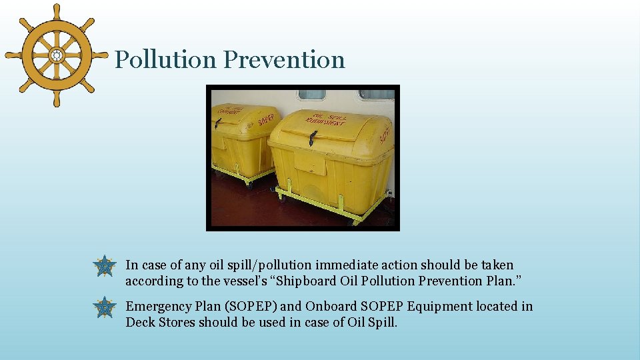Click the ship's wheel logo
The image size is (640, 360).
pyautogui.click(x=56, y=55)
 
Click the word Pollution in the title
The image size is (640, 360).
pyautogui.click(x=166, y=59)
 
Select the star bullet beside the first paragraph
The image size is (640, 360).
pyautogui.click(x=105, y=266)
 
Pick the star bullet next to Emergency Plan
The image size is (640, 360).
pyautogui.click(x=105, y=307)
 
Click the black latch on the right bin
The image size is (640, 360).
pyautogui.click(x=312, y=137)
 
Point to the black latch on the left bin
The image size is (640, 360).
pyautogui.click(x=218, y=123)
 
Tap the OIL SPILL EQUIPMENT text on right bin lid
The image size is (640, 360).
pyautogui.click(x=326, y=121)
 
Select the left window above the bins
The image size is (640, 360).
pyautogui.click(x=311, y=95)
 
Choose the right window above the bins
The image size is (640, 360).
pyautogui.click(x=377, y=95)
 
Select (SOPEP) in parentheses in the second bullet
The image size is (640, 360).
pyautogui.click(x=251, y=307)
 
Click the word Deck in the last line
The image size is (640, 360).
pyautogui.click(x=139, y=323)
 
